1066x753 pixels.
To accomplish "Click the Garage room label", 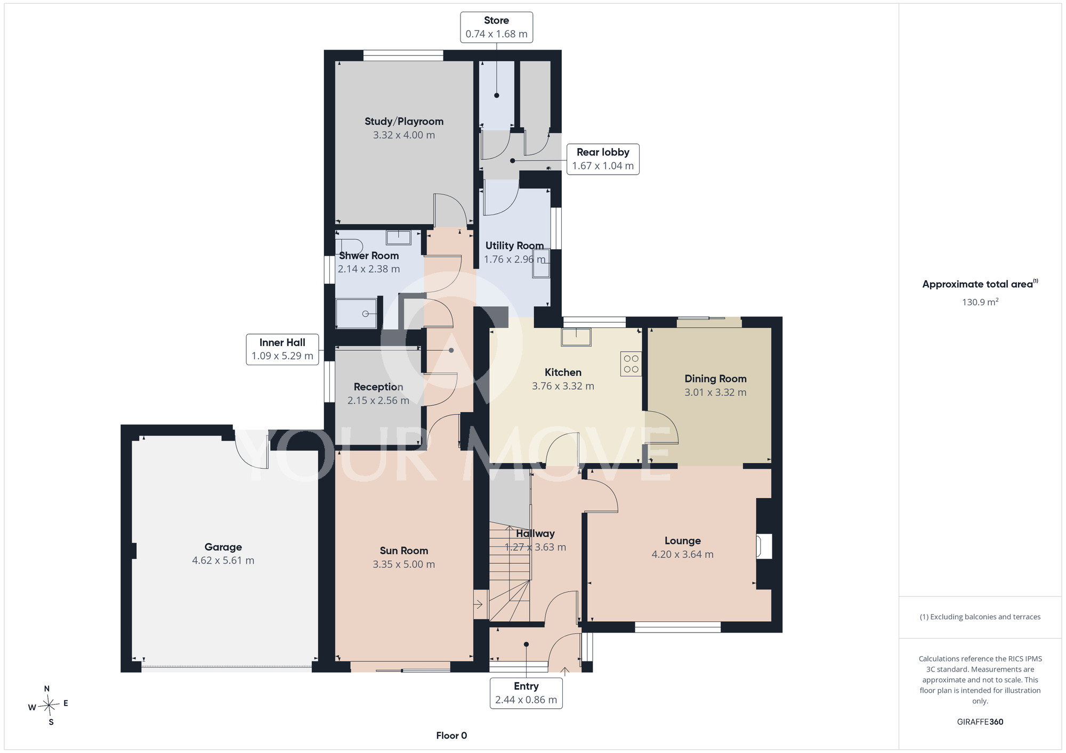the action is [223, 547].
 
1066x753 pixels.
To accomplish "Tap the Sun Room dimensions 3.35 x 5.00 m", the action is [403, 564].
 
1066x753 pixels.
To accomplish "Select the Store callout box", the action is [496, 27].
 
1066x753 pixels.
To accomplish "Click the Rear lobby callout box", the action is [603, 159].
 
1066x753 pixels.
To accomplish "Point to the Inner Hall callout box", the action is [282, 349].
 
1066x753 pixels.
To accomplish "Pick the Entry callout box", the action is [526, 693].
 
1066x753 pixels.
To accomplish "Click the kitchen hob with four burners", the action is [631, 364].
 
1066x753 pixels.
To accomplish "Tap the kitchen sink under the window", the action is [576, 337].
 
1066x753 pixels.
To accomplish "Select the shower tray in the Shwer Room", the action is [357, 314].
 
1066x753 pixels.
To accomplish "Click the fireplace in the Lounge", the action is [764, 546].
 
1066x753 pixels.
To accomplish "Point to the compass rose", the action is [49, 706].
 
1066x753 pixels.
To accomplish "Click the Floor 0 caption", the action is [451, 735].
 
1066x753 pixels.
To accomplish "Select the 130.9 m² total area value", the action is [980, 302].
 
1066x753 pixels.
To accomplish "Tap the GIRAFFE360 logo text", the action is [980, 722].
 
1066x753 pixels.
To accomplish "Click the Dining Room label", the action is [715, 379].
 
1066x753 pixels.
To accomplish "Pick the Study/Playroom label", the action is [404, 121].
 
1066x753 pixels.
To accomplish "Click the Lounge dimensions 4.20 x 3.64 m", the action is [682, 554].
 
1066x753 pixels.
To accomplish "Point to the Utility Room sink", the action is [541, 263].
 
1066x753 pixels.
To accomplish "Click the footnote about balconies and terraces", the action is [980, 617].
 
